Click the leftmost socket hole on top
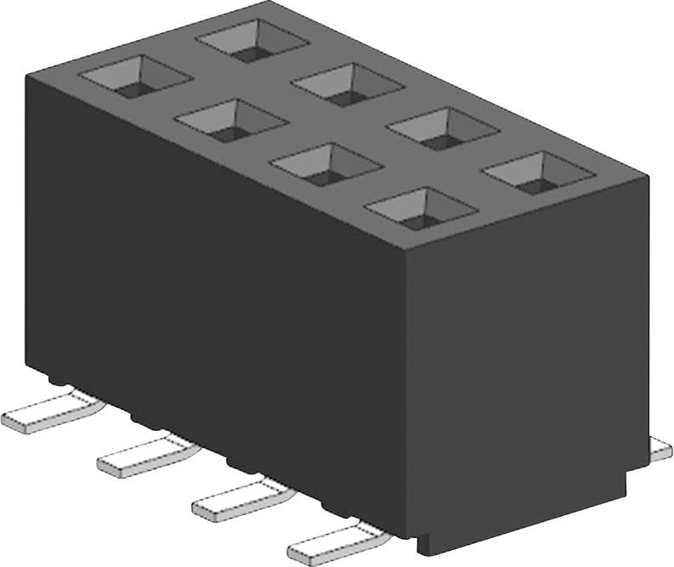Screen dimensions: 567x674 136,77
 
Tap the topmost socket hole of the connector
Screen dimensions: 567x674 252,41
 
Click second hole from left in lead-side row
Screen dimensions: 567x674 231,121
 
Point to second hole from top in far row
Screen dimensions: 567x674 348,85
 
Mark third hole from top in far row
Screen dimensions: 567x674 443,129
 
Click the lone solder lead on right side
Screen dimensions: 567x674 660,449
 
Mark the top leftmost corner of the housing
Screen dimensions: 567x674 27,75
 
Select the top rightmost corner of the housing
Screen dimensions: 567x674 648,176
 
